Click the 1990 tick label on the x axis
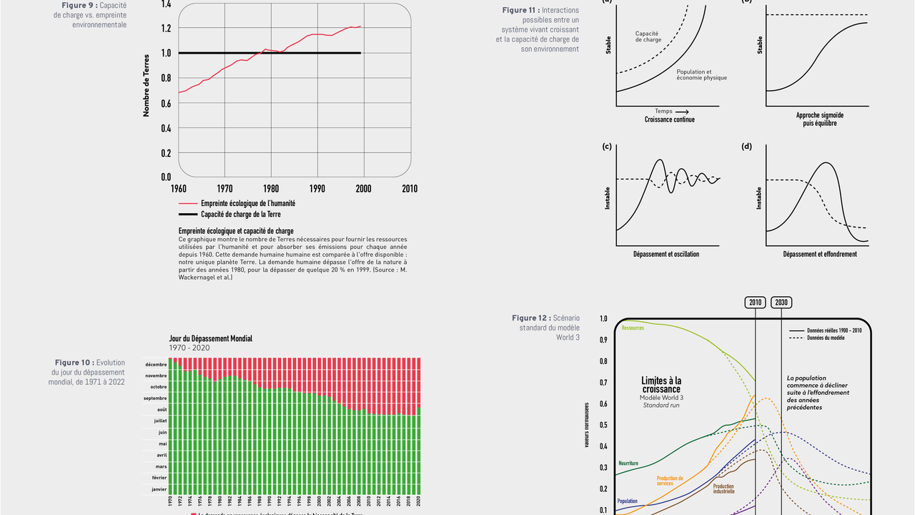tap(317, 189)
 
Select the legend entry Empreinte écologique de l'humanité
tap(247, 203)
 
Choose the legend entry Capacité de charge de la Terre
tap(240, 215)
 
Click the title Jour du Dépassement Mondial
tap(210, 338)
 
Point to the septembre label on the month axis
tap(155, 398)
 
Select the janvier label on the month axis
tap(159, 490)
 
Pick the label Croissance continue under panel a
tap(669, 120)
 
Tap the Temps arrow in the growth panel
tap(672, 112)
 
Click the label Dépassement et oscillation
tap(666, 254)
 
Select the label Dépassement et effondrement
tap(819, 254)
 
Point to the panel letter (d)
tap(747, 147)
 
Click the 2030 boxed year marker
tap(781, 302)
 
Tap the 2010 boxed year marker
tap(756, 302)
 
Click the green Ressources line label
tap(633, 328)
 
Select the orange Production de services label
tap(670, 481)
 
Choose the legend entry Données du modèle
tap(826, 338)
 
